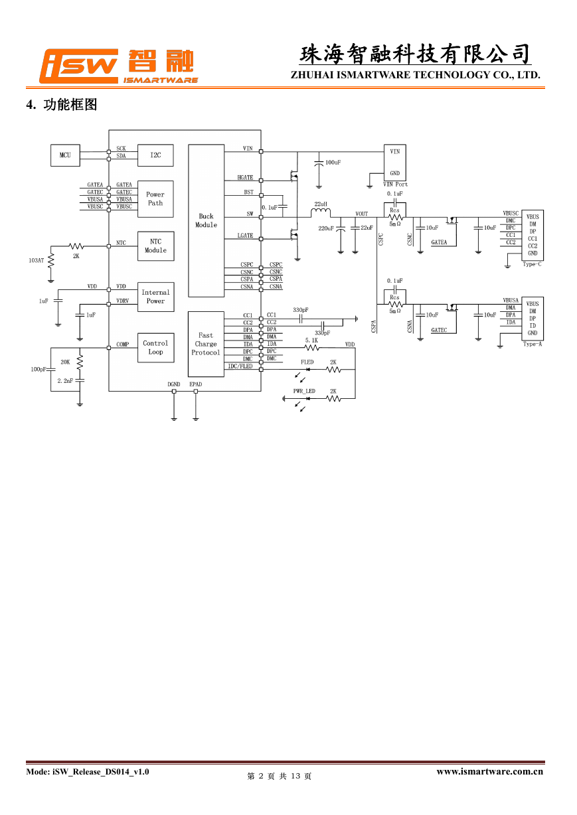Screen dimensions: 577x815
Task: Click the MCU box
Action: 65,155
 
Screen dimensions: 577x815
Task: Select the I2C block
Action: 155,155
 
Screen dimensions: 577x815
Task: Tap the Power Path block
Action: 155,199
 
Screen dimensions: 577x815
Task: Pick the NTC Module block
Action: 156,246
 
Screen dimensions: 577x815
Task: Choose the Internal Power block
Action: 156,297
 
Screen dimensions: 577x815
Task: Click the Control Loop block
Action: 156,348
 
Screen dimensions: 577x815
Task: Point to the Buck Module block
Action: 206,221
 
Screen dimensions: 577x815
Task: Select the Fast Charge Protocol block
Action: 206,344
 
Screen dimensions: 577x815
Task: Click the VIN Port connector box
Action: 395,163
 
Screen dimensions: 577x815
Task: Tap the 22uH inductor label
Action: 321,204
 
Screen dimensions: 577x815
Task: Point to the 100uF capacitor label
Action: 333,163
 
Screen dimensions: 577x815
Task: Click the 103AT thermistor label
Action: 36,261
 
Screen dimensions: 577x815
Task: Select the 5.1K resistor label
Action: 311,340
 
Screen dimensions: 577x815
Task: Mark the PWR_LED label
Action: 304,391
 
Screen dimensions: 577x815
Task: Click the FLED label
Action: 307,362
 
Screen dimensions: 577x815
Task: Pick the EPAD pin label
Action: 195,384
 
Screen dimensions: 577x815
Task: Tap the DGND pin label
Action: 174,384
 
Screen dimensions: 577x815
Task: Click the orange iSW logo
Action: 78,66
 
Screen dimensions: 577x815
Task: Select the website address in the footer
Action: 489,772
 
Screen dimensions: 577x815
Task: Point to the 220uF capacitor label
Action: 326,228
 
